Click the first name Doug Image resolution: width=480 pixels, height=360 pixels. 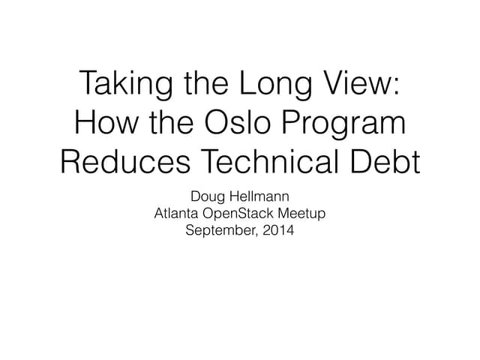tap(208, 197)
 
